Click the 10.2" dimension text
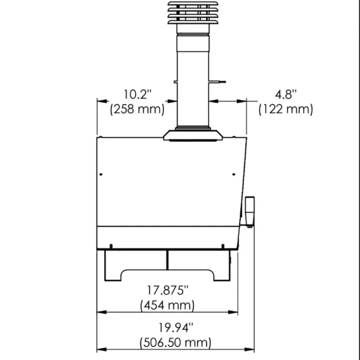coord(138,94)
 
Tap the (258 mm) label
coord(137,109)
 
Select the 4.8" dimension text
coord(286,94)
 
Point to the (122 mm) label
coord(286,109)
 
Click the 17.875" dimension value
coord(167,290)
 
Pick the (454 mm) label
coord(167,306)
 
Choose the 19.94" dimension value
coord(176,328)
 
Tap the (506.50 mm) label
coord(175,342)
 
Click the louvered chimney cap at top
coord(193,13)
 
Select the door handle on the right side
coord(250,211)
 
